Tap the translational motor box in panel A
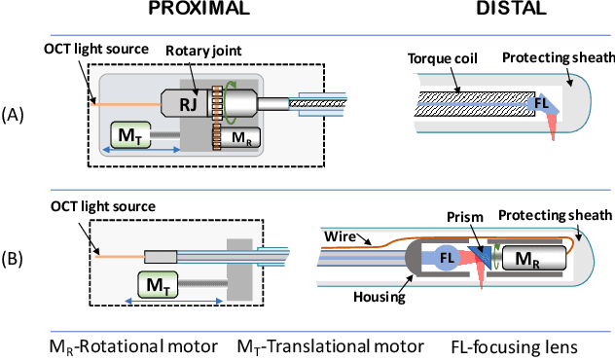pyautogui.click(x=127, y=134)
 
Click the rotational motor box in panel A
pyautogui.click(x=237, y=136)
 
